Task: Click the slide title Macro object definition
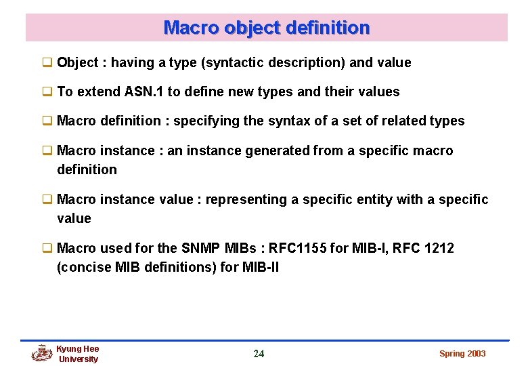click(267, 28)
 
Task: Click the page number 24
click(259, 353)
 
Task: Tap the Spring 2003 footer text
click(462, 354)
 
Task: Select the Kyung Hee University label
click(78, 354)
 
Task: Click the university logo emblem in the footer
click(42, 353)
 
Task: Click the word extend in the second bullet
click(99, 91)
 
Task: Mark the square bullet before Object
click(47, 62)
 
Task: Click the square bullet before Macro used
click(47, 248)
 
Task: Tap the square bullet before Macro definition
click(47, 121)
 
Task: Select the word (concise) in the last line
click(85, 267)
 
